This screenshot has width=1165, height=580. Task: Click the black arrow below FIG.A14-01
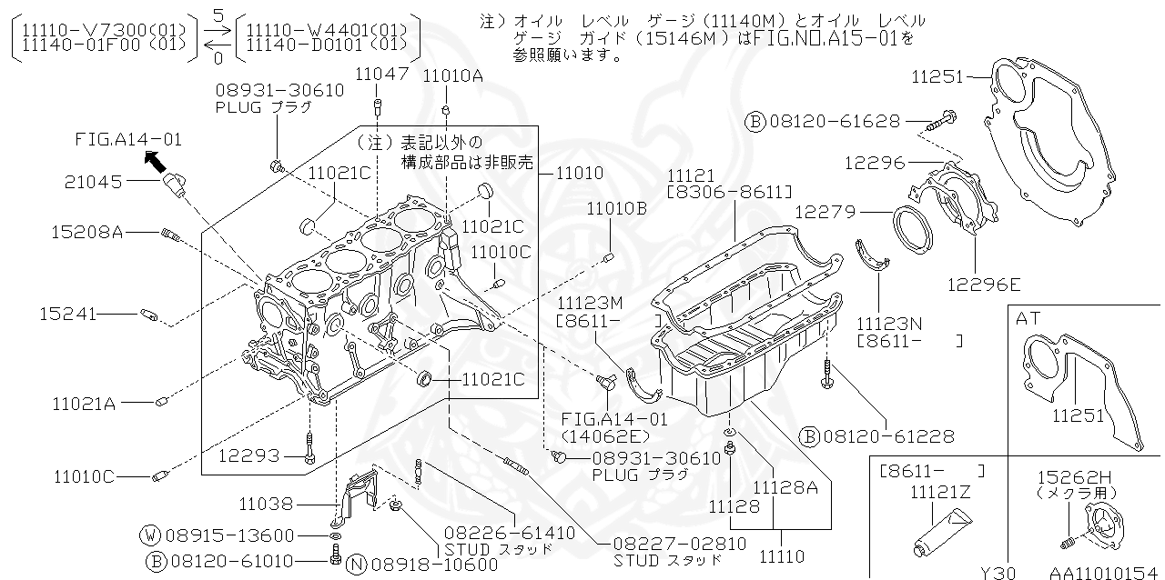(156, 162)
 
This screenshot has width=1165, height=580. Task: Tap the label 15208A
(86, 233)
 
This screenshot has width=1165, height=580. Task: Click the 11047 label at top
(381, 75)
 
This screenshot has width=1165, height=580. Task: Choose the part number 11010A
(452, 75)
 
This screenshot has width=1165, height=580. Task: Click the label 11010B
(616, 208)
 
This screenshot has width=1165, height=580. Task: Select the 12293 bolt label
(249, 455)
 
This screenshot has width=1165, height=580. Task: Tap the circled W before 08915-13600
(151, 535)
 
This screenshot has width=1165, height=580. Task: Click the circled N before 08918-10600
(358, 565)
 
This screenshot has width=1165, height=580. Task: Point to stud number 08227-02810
(679, 543)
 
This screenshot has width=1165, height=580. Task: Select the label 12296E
(982, 285)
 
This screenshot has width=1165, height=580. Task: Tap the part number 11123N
(888, 323)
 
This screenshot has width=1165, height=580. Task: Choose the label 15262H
(1069, 475)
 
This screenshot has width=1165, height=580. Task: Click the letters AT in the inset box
(1028, 319)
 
